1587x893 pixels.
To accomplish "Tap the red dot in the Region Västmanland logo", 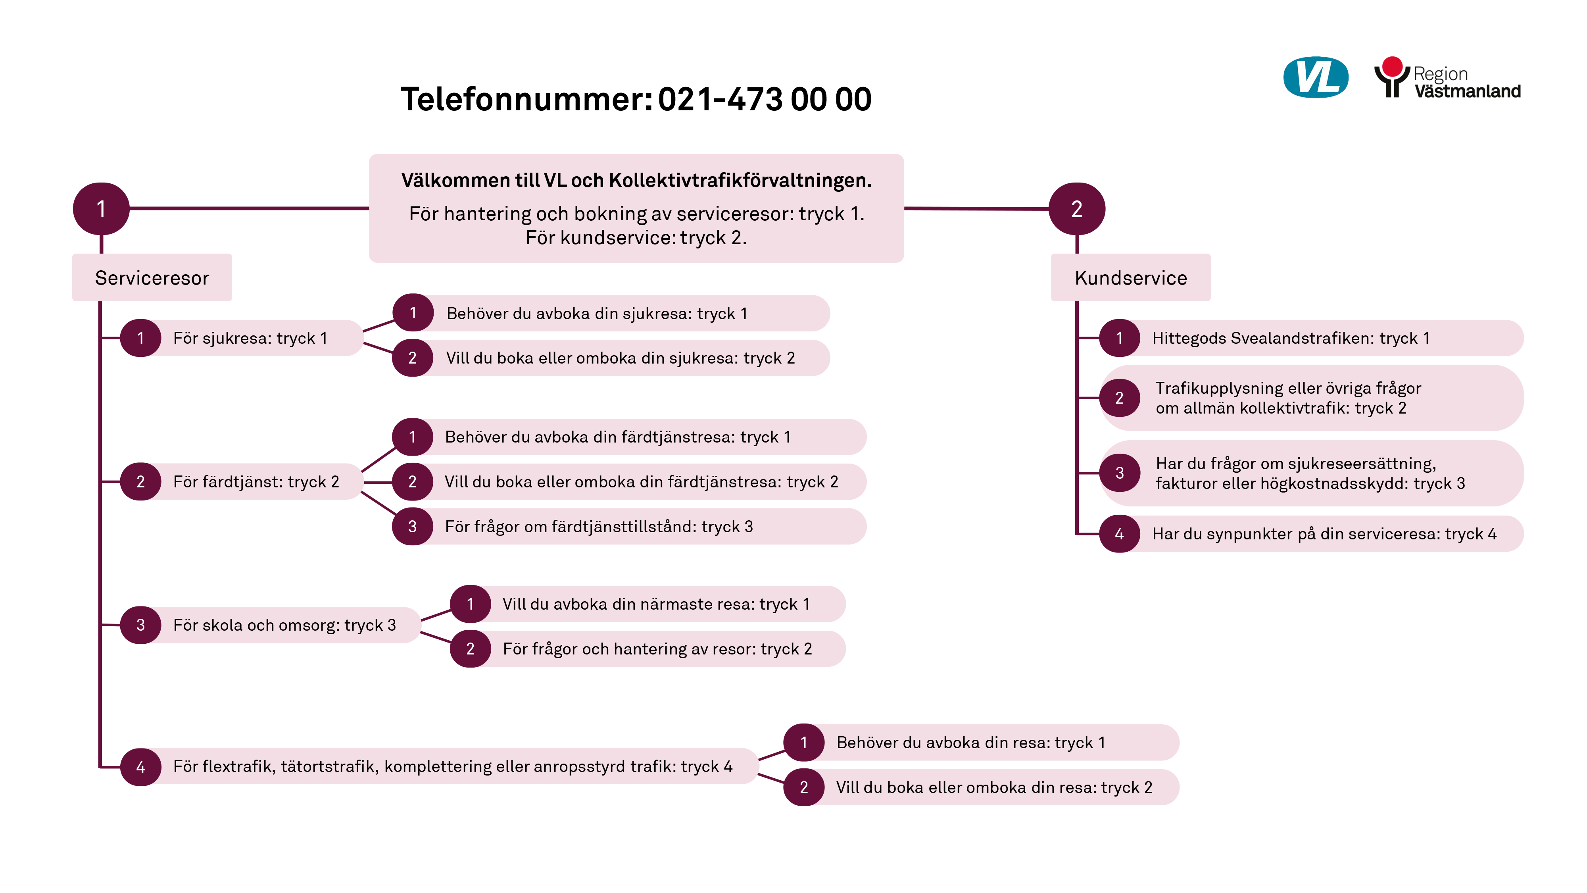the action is coord(1392,66).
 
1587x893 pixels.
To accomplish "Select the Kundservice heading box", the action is coord(1130,277).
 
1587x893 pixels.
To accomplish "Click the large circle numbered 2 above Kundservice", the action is coord(1076,209).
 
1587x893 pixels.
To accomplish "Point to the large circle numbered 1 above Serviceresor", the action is coord(101,209).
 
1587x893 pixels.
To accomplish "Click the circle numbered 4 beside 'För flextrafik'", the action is coord(140,767).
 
